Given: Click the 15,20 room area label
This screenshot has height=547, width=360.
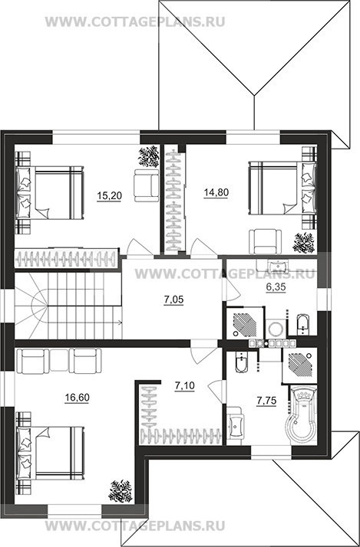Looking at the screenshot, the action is pos(110,195).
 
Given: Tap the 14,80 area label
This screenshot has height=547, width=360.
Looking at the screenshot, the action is pos(216,192).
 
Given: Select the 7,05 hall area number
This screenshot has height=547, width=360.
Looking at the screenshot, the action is pos(173,300).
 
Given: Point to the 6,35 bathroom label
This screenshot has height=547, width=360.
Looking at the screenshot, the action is pos(276,287).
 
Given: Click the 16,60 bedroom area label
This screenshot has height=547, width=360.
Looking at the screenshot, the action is pos(77,398).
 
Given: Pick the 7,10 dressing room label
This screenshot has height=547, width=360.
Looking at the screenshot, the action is pos(184,386).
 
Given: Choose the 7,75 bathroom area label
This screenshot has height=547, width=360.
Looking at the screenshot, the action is pos(266,401).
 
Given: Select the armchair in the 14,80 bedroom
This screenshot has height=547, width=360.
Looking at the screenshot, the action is pos(266,241).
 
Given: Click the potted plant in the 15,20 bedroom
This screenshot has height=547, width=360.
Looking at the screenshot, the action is pos(148,157).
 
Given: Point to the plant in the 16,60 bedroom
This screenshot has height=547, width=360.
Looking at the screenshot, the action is pos(121,491).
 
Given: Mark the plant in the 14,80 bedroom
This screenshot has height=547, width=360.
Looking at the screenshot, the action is pos(303,243).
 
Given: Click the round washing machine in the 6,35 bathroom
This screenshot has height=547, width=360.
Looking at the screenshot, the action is pos(276,328).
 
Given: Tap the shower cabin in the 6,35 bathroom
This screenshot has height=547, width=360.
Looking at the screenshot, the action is pos(244,323).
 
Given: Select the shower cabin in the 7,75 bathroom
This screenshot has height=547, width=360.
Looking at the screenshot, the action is pos(300,365).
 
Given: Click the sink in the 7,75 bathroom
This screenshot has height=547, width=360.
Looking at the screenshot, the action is pos(236,425).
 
